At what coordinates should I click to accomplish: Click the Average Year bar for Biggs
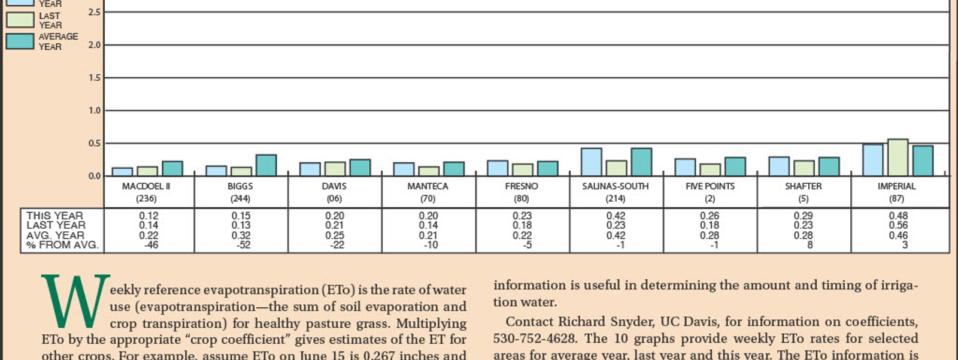266,165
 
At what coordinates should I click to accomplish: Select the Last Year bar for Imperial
898,158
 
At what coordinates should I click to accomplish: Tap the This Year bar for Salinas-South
592,162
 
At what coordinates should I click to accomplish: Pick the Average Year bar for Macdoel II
172,168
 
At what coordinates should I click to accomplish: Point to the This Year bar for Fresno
498,168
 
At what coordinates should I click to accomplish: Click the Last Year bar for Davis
335,168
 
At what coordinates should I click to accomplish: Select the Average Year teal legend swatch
20,41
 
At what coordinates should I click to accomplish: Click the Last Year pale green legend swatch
20,20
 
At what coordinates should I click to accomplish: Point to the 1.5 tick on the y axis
95,78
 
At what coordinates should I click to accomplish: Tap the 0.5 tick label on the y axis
95,143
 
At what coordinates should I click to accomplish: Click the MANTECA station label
428,186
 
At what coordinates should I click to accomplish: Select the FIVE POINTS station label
710,186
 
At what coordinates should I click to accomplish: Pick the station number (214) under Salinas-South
616,198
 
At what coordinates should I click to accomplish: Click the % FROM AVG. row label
62,245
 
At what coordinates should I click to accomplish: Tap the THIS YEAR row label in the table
55,216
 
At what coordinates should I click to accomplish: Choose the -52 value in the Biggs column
243,245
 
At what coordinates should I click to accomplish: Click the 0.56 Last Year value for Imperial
898,225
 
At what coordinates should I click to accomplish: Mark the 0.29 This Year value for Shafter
804,216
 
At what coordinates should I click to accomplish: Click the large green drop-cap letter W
75,301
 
